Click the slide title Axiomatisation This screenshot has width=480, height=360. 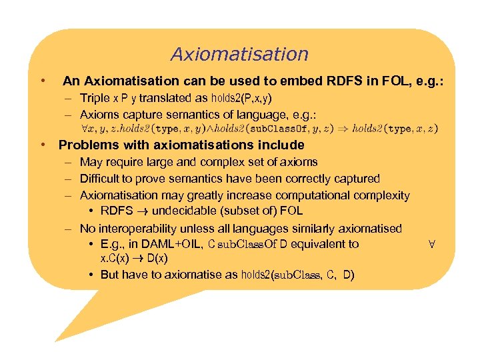239,54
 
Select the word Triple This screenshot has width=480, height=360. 95,98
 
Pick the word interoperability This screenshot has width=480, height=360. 137,229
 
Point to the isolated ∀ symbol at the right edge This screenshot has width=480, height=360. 431,244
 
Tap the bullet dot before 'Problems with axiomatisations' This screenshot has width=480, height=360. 42,145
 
